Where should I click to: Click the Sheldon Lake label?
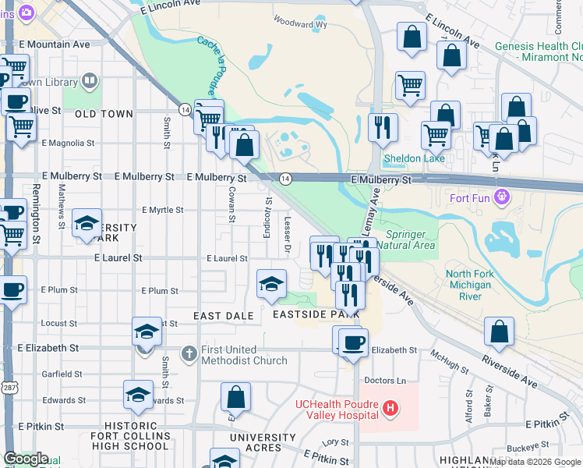[x=414, y=158]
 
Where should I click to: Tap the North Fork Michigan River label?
[x=468, y=285]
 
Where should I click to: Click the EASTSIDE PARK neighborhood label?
[x=316, y=314]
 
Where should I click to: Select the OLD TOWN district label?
[x=104, y=114]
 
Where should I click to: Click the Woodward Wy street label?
[x=299, y=25]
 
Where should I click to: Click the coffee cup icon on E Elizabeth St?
[x=353, y=342]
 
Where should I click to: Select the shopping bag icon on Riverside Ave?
[x=499, y=331]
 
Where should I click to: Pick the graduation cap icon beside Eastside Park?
[x=271, y=285]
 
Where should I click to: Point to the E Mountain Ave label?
[x=51, y=44]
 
